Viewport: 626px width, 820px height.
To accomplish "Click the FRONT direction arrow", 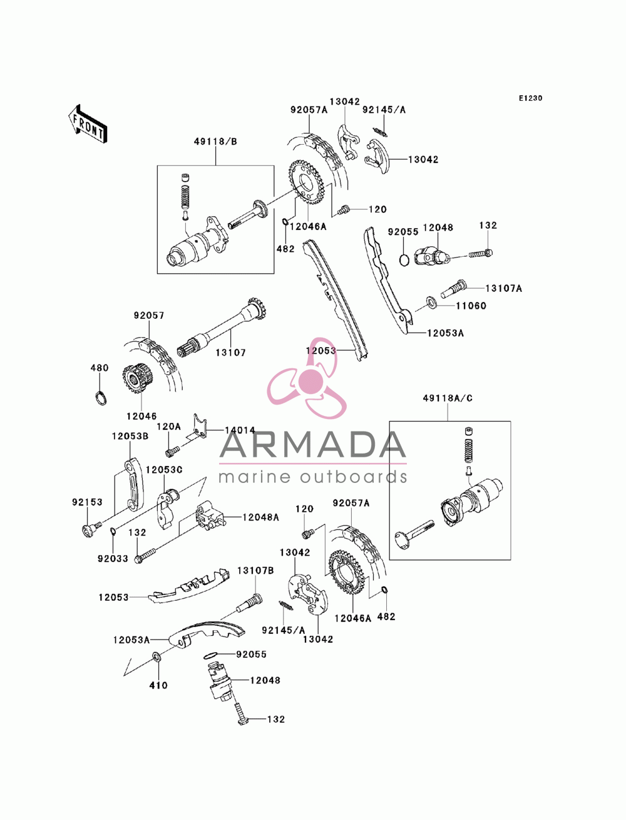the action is pos(88,123).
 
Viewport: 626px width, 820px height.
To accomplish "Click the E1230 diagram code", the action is pos(530,98).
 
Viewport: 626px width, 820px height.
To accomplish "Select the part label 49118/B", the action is pos(215,142).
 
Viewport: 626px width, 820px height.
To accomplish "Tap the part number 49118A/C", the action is pos(447,398).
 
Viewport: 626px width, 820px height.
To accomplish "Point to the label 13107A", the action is pos(503,288).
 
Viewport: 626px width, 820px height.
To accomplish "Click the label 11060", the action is pos(471,306).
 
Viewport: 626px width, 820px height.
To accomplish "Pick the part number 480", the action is pos(100,368).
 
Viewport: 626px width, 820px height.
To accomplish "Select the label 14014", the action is pos(240,430).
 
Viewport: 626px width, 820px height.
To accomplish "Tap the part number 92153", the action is pos(87,502).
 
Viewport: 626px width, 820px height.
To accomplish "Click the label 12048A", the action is pos(260,517).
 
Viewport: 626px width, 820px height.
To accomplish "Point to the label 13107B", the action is pos(255,571).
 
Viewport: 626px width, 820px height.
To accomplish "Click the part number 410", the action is pos(158,685).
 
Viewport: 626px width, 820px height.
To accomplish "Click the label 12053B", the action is pos(130,436).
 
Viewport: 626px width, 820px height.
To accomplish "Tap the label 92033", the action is pos(113,559).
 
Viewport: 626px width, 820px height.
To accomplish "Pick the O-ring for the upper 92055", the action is pos(404,260).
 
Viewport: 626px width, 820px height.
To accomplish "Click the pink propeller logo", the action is pos(307,378).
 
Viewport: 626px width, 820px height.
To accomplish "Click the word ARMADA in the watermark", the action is pos(312,444).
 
